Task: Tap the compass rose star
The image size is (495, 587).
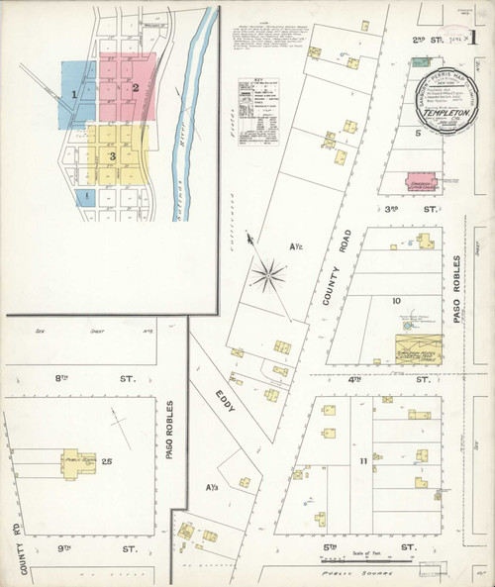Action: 266,274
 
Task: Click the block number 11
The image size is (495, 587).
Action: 363,462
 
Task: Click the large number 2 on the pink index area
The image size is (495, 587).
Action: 135,88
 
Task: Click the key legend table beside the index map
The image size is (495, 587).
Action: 258,116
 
